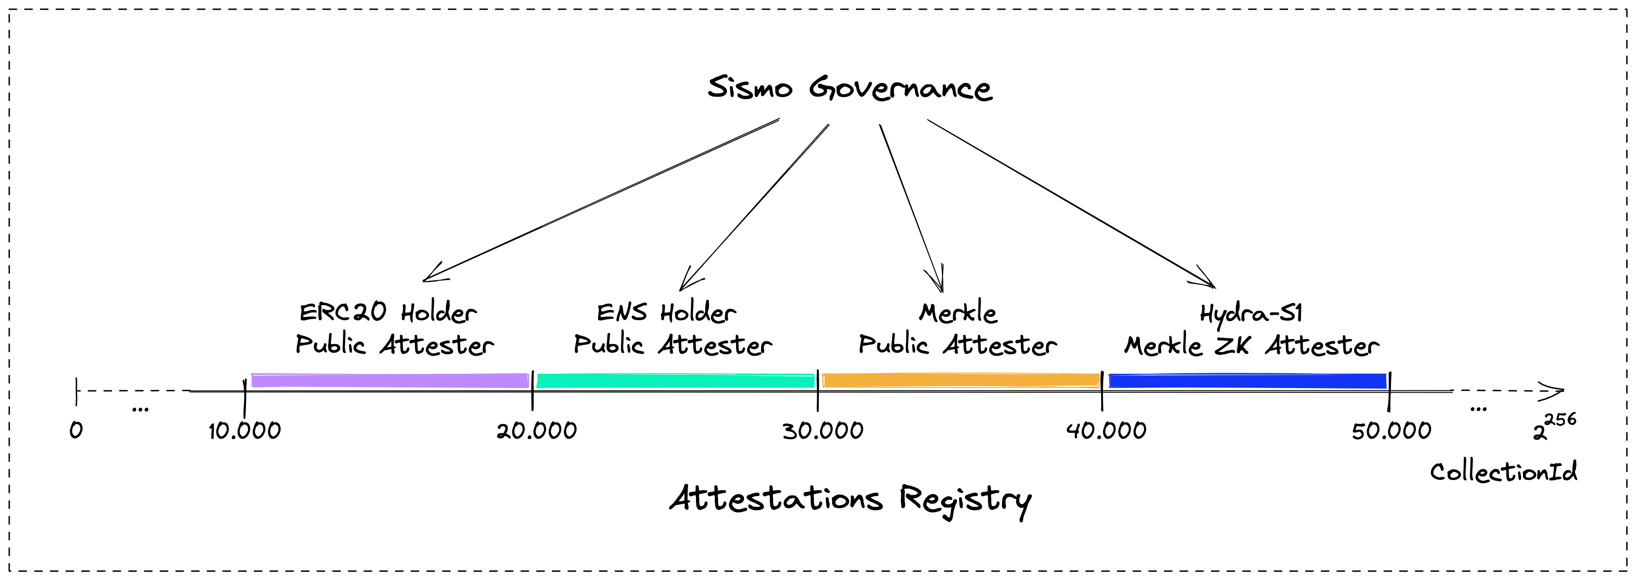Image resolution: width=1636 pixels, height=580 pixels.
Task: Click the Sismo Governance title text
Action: coord(849,88)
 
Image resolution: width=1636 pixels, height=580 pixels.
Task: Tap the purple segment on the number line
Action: coord(390,381)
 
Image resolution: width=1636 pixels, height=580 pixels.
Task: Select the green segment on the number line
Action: coord(676,381)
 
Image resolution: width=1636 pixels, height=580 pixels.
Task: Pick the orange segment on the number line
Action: coord(961,381)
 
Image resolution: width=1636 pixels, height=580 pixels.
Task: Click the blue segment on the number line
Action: coord(1247,381)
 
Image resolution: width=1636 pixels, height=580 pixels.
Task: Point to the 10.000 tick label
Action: coord(245,431)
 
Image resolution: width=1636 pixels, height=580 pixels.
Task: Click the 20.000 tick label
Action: coord(537,431)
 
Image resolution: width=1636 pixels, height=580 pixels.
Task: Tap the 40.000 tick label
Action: coord(1106,431)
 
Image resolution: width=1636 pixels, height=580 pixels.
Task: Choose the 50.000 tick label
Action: coord(1391,431)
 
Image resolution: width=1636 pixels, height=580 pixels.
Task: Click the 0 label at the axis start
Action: coord(76,431)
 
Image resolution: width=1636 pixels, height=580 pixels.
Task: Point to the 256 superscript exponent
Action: coord(1560,419)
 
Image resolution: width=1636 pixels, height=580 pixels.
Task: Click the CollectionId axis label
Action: coord(1503,472)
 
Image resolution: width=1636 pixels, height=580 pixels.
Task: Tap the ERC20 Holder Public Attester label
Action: coord(395,329)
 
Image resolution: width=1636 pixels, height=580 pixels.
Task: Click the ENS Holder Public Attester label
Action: coord(672,329)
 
